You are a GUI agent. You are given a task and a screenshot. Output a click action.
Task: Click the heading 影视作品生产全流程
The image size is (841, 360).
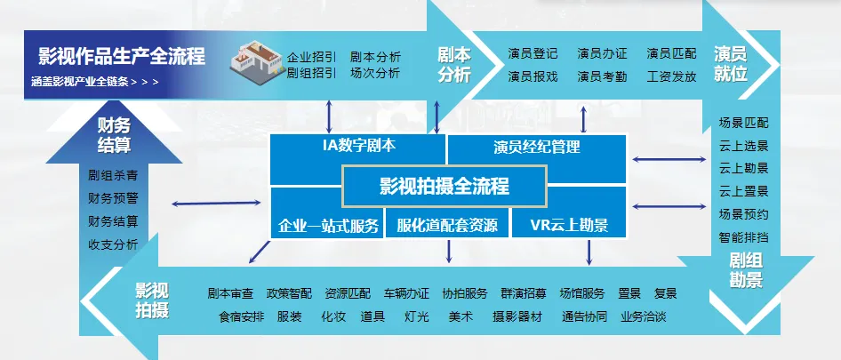tap(122, 57)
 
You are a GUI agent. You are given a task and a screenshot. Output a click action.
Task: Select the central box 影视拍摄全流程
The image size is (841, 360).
tap(444, 187)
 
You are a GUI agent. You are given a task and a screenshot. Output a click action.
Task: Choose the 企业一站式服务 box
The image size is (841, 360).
tap(328, 224)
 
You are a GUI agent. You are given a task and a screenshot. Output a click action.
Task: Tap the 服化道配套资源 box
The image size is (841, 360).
tap(447, 224)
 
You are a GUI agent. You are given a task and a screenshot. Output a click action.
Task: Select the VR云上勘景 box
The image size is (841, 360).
tap(569, 224)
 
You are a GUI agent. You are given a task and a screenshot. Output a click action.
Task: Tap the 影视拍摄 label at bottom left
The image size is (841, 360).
tap(151, 300)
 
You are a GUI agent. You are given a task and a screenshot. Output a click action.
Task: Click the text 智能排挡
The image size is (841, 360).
tap(743, 237)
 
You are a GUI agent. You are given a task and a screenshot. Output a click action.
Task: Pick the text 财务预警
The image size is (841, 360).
tap(113, 197)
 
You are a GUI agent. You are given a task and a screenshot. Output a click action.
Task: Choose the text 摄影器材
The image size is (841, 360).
tap(517, 316)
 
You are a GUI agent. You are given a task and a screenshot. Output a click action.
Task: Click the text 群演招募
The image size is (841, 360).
tap(524, 293)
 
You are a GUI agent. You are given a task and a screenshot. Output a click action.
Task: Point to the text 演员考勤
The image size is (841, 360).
tap(602, 76)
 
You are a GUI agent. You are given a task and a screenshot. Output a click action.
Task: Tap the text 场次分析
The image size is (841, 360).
tap(375, 73)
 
